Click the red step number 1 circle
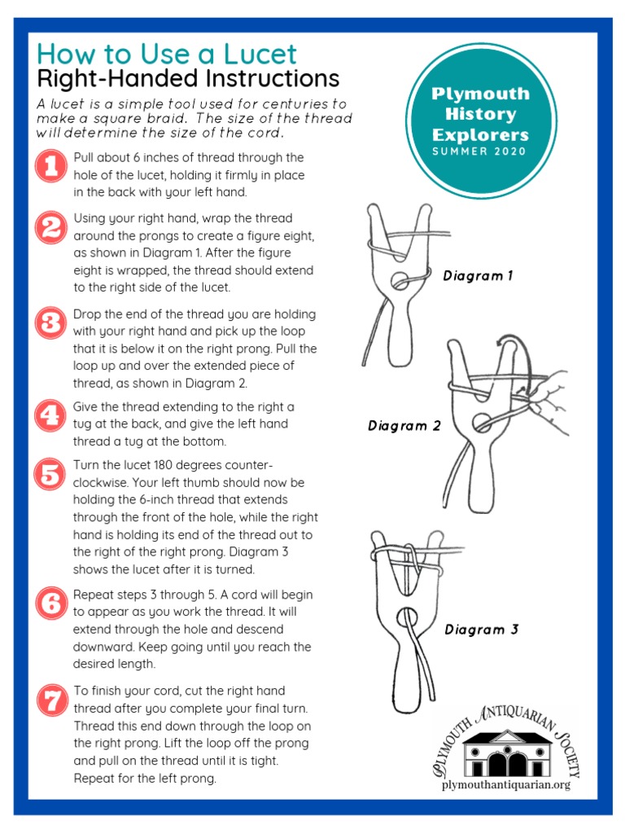pyautogui.click(x=51, y=167)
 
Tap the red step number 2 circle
pyautogui.click(x=51, y=227)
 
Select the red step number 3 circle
pyautogui.click(x=51, y=323)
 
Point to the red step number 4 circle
pyautogui.click(x=51, y=415)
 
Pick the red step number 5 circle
pyautogui.click(x=51, y=473)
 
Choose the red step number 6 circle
pyautogui.click(x=51, y=604)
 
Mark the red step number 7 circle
pyautogui.click(x=51, y=700)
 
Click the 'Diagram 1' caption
pyautogui.click(x=478, y=276)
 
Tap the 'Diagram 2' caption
pyautogui.click(x=404, y=426)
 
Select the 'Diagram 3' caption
pyautogui.click(x=481, y=630)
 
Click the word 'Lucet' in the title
pyautogui.click(x=260, y=55)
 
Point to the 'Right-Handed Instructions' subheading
pyautogui.click(x=188, y=79)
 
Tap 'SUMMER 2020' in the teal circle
pyautogui.click(x=480, y=151)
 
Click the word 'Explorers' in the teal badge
pyautogui.click(x=480, y=134)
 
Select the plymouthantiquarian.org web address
pyautogui.click(x=505, y=784)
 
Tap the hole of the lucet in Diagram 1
pyautogui.click(x=400, y=282)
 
